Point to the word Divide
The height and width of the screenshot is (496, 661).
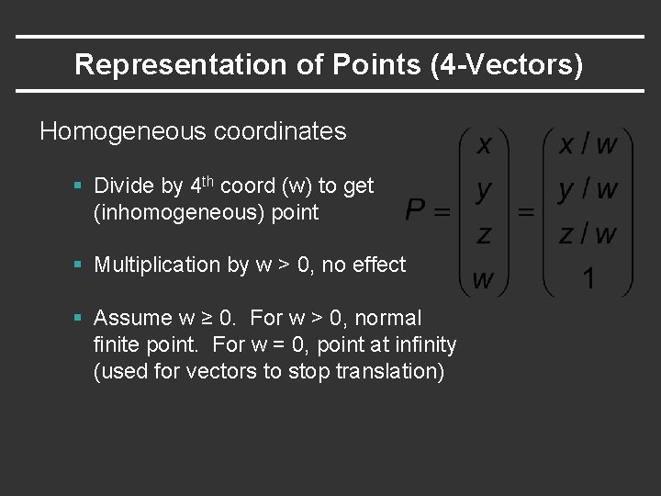[124, 186]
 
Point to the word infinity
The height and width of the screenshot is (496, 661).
[421, 344]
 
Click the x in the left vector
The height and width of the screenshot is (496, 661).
[484, 144]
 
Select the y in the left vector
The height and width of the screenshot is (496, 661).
[484, 190]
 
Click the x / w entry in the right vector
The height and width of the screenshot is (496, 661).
[588, 144]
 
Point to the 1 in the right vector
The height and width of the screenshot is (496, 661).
[588, 277]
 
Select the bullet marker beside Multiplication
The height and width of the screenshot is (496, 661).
[80, 265]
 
